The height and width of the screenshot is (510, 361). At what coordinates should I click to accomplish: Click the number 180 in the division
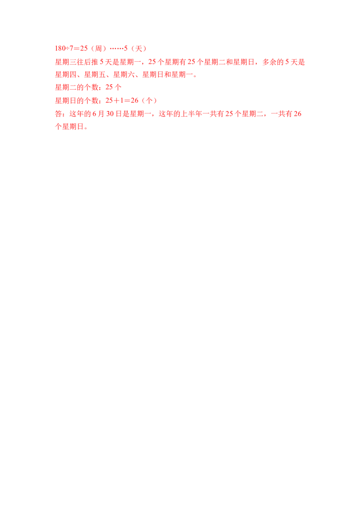60,49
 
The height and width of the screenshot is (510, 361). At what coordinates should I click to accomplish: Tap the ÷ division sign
68,49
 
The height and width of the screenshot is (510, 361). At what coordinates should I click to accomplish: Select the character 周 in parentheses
98,49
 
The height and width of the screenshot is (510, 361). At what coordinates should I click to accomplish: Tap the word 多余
269,62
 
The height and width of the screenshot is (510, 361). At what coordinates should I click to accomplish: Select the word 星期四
66,74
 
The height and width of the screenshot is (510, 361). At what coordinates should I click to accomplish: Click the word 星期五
95,74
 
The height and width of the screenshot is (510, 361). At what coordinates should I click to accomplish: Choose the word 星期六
124,74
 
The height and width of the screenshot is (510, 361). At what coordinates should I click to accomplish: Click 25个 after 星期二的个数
113,87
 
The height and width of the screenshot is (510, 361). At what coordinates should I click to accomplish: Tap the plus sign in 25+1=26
116,100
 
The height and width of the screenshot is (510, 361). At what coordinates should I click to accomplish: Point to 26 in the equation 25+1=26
134,100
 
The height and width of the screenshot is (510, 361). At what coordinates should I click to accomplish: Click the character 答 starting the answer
59,114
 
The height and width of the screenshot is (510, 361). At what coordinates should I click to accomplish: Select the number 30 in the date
110,114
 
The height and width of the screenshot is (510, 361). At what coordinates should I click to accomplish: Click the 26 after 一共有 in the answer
297,114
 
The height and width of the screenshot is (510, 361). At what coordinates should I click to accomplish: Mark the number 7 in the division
72,49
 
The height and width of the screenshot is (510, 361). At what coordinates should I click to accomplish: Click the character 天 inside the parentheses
139,49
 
